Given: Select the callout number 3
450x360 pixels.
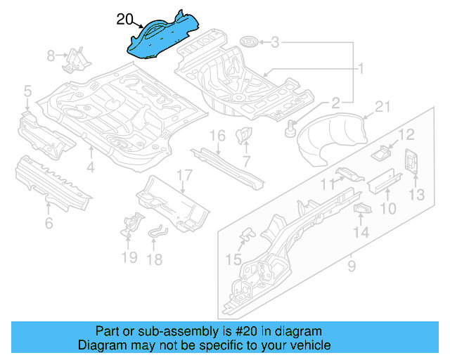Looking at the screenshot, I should click(276, 43).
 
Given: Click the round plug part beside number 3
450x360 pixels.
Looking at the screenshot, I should click(247, 43).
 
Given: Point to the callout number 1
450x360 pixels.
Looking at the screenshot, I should click(361, 69).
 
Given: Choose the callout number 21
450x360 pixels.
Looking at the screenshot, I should click(381, 107).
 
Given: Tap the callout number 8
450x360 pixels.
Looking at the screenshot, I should click(51, 55).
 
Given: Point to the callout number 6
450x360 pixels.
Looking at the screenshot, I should click(48, 224).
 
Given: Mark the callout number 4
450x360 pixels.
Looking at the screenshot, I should click(90, 167).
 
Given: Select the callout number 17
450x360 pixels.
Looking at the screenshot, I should click(184, 175).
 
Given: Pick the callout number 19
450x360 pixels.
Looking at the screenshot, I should click(128, 257).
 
